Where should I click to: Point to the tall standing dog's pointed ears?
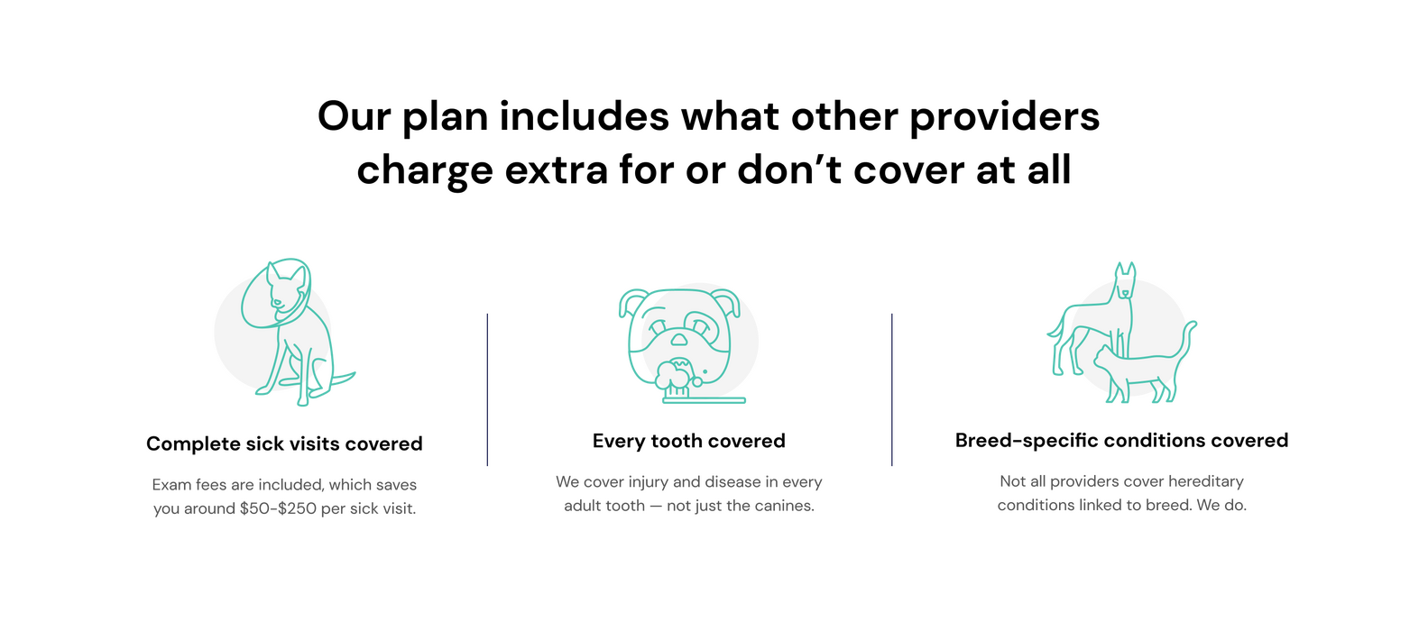(1125, 268)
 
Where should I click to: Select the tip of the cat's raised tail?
(1194, 323)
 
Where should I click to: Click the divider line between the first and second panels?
(488, 389)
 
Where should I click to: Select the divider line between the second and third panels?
(892, 389)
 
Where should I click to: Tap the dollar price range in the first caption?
(278, 509)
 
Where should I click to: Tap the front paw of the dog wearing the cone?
(262, 392)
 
